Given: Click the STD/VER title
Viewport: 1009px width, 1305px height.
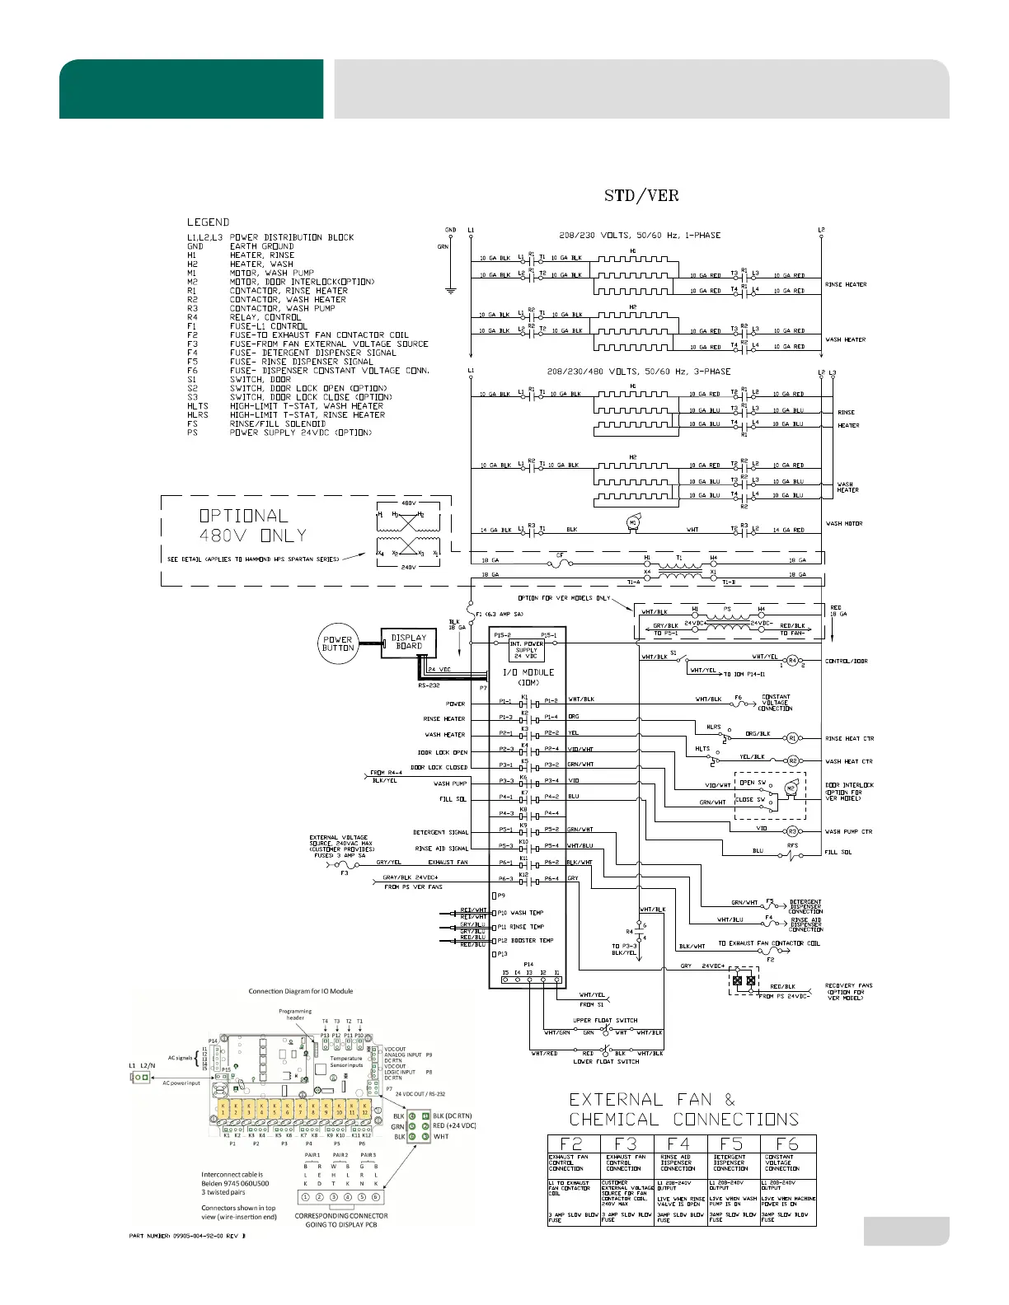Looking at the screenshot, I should (641, 196).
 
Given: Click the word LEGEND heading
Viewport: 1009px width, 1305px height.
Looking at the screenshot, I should (208, 222).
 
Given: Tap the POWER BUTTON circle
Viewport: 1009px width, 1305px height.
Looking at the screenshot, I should (338, 643).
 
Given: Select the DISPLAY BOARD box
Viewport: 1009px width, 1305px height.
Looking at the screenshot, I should (408, 642).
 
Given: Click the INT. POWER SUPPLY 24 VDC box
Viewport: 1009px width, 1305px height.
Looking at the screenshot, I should (526, 650).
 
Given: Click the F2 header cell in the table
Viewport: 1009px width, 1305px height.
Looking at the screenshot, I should (571, 1144).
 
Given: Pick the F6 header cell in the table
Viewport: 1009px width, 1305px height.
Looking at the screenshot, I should (787, 1144).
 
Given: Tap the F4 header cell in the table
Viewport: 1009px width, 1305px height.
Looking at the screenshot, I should (679, 1144).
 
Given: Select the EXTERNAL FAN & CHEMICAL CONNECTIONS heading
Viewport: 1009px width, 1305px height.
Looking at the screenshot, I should (683, 1110).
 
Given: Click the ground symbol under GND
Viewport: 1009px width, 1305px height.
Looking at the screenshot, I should (450, 290).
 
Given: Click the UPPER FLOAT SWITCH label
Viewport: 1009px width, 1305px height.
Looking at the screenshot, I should (606, 1021).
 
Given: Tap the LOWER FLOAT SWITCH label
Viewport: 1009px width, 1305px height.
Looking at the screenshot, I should (606, 1062).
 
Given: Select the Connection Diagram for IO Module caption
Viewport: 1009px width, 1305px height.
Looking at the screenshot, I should (301, 991).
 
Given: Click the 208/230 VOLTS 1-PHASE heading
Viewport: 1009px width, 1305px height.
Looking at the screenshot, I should (634, 236).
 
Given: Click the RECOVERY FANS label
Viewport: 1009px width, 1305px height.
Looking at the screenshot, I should (848, 986).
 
